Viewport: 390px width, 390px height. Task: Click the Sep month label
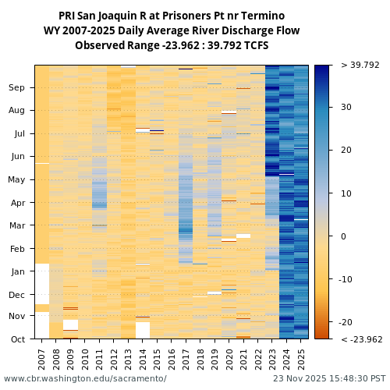coord(17,88)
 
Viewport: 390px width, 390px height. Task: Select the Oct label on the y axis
coord(17,339)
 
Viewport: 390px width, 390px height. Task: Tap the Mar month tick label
coord(17,226)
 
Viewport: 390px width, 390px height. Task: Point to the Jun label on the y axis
coord(17,157)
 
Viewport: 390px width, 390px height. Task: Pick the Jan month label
coord(17,272)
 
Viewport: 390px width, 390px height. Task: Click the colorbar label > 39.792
coord(360,66)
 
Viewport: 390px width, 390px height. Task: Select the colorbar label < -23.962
coord(360,339)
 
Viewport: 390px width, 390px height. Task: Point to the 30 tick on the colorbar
coord(346,108)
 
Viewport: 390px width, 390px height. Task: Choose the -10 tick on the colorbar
coord(348,279)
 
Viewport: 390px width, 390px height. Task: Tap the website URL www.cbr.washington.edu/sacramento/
coord(85,378)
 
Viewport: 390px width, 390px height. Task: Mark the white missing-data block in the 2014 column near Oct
coord(143,330)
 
